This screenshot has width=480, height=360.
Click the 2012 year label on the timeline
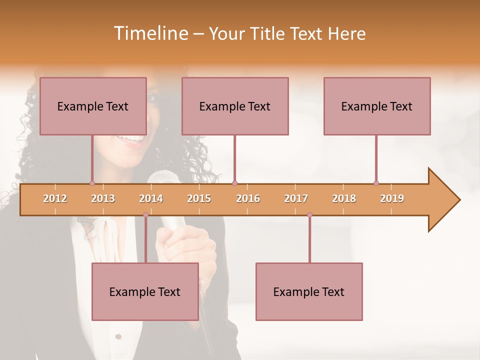55,198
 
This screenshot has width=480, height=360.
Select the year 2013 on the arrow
103,198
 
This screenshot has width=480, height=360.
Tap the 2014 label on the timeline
151,198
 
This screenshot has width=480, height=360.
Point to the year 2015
199,198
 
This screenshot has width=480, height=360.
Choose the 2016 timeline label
248,198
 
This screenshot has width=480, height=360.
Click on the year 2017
296,198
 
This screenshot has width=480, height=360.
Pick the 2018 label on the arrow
344,198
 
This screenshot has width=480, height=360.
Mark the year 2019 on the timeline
392,198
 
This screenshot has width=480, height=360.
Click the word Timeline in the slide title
150,33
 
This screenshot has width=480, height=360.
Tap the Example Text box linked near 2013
93,106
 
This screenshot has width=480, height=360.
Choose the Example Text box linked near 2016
235,106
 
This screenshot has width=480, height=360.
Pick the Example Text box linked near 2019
377,106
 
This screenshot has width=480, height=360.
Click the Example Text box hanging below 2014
145,291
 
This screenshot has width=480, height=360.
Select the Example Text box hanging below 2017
309,291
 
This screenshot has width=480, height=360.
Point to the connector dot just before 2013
92,183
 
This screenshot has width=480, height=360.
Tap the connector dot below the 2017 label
309,215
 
